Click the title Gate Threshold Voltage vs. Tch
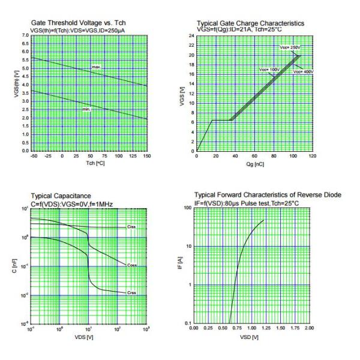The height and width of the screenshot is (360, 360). [78, 23]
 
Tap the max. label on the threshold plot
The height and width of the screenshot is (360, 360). [96, 66]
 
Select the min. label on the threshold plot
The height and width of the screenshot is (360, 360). [86, 109]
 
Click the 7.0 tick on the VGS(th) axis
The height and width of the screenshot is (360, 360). [25, 36]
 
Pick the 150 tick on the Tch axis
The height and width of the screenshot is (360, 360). [146, 156]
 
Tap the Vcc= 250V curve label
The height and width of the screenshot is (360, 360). [289, 47]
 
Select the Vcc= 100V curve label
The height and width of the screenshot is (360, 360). [269, 70]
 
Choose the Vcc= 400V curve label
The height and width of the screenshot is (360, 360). [302, 72]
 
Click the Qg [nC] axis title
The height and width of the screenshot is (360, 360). [255, 163]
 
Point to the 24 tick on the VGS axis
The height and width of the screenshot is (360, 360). [191, 36]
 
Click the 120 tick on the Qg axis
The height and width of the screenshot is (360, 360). [312, 157]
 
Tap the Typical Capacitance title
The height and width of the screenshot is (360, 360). [61, 196]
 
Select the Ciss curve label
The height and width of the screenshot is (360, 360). [131, 227]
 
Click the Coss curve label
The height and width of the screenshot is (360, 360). [132, 265]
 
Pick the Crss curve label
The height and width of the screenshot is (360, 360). [131, 293]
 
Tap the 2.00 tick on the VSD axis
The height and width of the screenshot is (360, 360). [309, 329]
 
